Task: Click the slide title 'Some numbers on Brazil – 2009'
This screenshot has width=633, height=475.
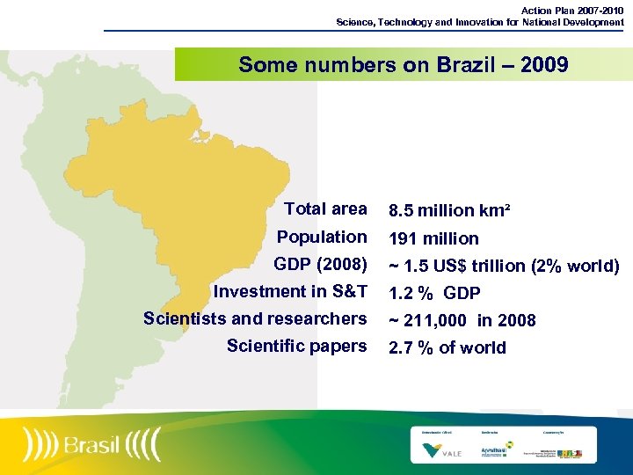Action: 403,65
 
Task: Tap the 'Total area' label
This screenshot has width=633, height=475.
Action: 325,209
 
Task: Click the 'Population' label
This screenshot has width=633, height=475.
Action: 322,237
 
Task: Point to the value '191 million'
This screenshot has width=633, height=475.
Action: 433,238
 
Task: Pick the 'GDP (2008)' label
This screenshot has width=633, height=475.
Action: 320,264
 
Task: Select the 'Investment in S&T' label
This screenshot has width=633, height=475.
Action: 290,291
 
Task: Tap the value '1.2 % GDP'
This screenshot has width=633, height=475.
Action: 434,293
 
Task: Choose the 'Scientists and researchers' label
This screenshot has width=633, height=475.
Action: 255,318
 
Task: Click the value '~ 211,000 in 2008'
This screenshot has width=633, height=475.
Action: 462,320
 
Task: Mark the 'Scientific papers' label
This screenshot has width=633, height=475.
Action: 296,346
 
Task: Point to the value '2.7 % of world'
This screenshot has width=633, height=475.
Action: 447,347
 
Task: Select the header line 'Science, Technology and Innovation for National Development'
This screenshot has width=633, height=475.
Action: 480,21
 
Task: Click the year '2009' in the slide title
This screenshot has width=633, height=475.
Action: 542,65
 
